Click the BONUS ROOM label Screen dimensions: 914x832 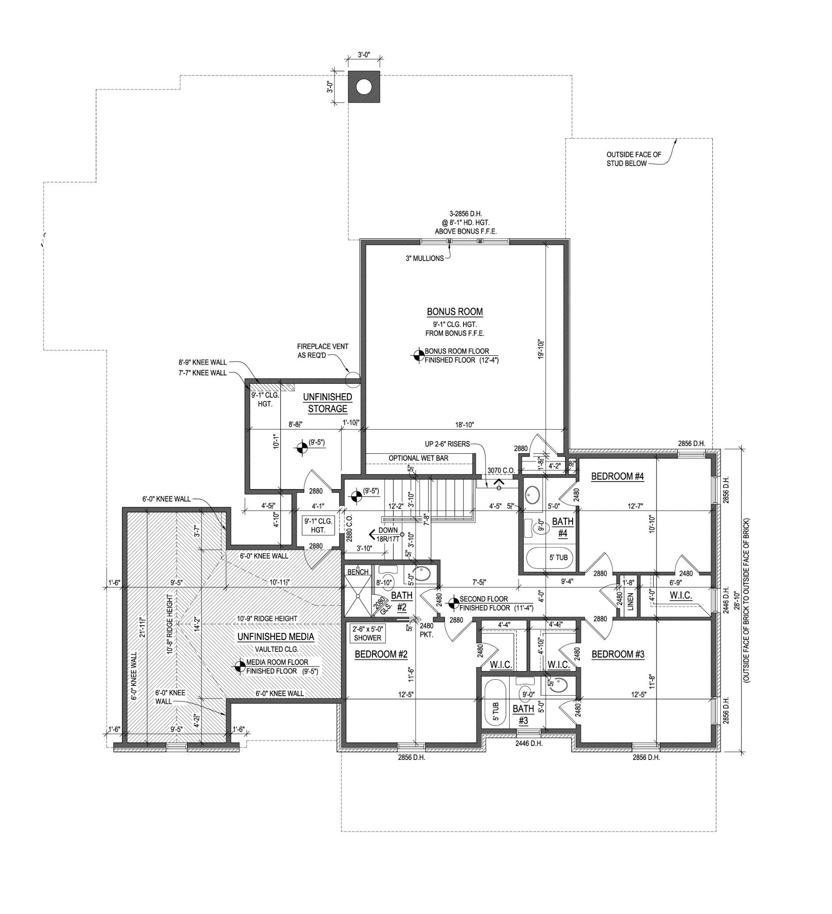pyautogui.click(x=455, y=312)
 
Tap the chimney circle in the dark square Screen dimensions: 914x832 pyautogui.click(x=364, y=87)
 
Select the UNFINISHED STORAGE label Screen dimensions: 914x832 pyautogui.click(x=327, y=403)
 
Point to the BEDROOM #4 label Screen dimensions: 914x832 pyautogui.click(x=618, y=476)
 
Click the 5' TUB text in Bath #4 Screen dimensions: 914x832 pyautogui.click(x=558, y=557)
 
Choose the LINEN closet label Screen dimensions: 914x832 pyautogui.click(x=630, y=601)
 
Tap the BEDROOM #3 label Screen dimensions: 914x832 pyautogui.click(x=618, y=654)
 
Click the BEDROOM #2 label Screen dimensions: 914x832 pyautogui.click(x=381, y=654)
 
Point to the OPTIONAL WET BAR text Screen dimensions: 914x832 pyautogui.click(x=418, y=458)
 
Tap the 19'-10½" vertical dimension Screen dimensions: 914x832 pyautogui.click(x=540, y=349)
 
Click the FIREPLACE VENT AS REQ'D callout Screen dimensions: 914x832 pyautogui.click(x=322, y=351)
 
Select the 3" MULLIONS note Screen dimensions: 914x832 pyautogui.click(x=424, y=258)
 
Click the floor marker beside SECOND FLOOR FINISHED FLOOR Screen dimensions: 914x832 pyautogui.click(x=452, y=603)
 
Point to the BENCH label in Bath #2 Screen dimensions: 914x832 pyautogui.click(x=357, y=572)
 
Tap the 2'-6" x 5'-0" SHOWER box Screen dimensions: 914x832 pyautogui.click(x=367, y=633)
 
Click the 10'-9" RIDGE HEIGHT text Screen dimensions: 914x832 pyautogui.click(x=267, y=619)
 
